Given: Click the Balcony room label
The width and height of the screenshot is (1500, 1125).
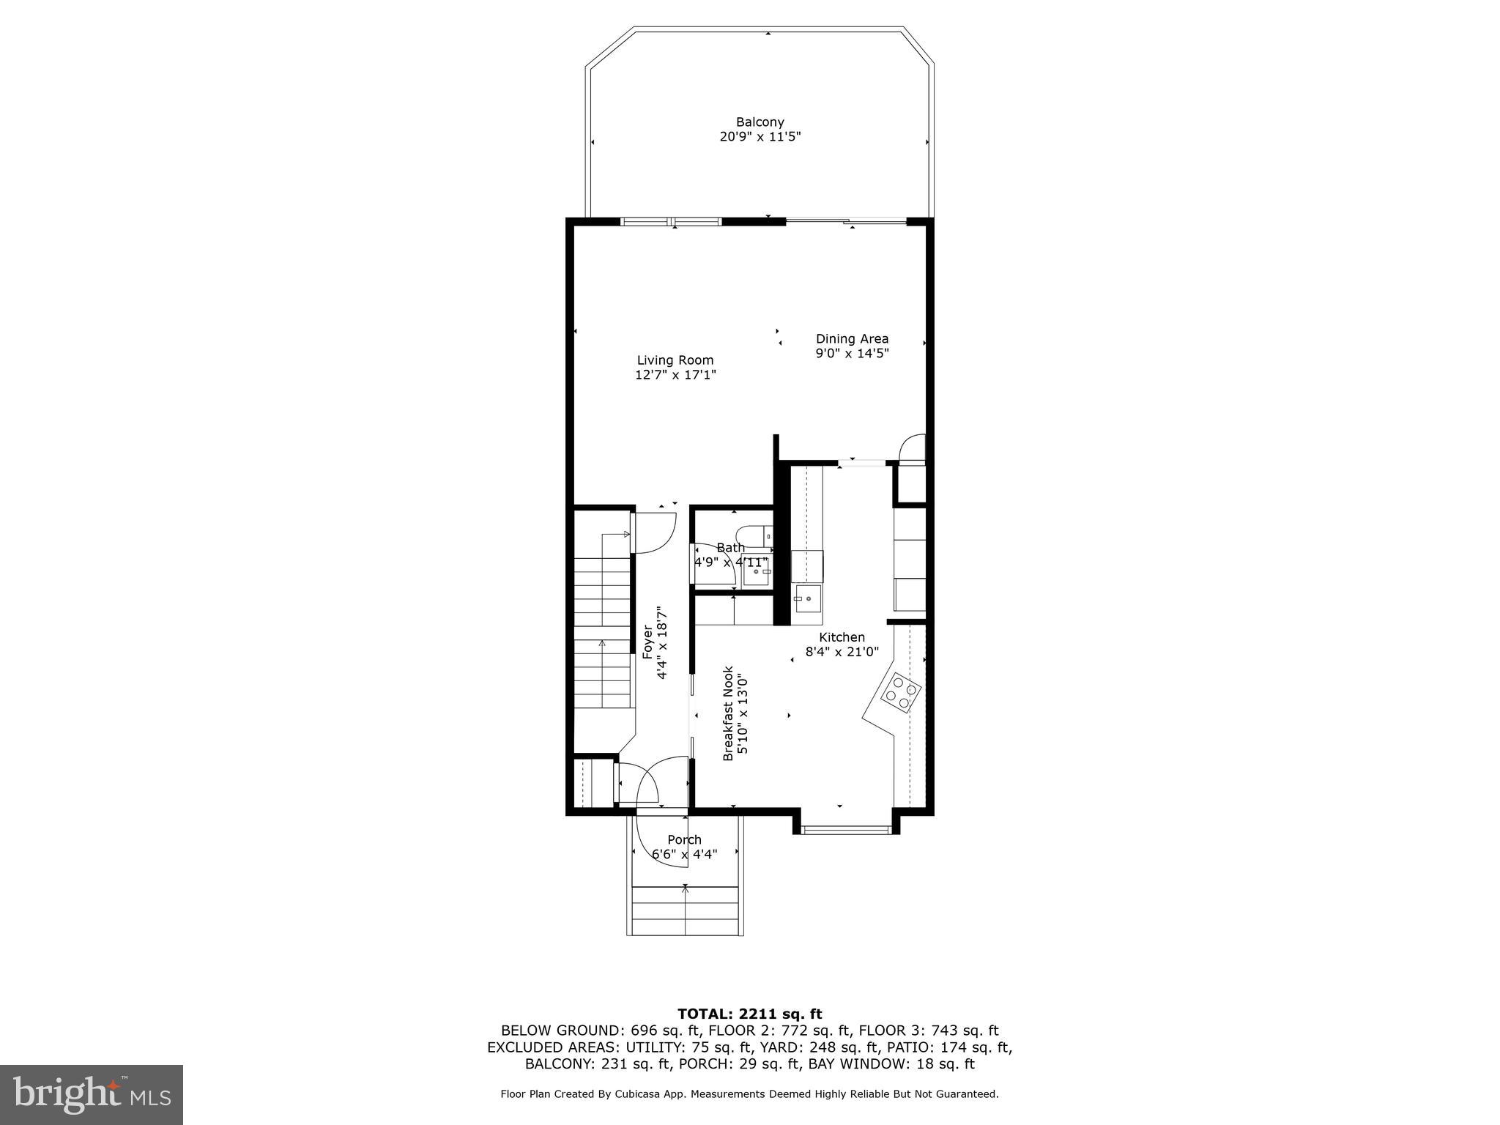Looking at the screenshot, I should [760, 122].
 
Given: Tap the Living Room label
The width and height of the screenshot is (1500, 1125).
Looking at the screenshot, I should [675, 360].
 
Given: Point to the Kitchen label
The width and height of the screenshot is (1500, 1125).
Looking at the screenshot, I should [842, 637].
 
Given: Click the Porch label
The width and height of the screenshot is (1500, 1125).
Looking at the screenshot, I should [684, 839].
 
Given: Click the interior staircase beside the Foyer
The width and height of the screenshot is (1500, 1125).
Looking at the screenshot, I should [602, 630].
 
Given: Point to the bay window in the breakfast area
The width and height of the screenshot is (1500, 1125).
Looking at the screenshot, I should [846, 830].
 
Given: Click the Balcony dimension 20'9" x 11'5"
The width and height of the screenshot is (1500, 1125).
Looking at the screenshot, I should [760, 137].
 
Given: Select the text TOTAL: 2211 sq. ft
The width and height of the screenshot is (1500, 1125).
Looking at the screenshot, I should [749, 1014].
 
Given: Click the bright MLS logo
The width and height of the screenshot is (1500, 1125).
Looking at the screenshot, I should [92, 1094].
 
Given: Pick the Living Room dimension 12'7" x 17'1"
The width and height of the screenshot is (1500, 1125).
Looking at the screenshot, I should [675, 375].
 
